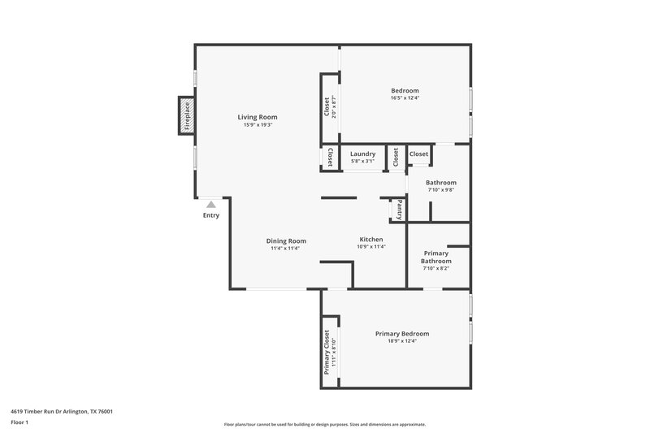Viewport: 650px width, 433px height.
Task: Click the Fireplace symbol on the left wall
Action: [187, 115]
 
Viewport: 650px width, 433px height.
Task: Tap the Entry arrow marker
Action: [211, 205]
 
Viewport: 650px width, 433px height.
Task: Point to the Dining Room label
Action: [286, 240]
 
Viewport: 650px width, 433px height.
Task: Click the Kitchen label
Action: [371, 240]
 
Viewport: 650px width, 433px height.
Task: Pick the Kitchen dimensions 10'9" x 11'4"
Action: [371, 248]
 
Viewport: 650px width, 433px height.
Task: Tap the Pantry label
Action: [399, 210]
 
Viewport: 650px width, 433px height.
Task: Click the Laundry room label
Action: [362, 154]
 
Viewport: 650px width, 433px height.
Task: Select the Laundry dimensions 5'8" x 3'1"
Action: [362, 162]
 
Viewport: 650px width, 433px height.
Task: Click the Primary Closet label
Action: [327, 350]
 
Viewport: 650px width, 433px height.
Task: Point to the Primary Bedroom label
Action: [402, 333]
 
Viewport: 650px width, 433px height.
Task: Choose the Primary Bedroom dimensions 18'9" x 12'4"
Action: [402, 341]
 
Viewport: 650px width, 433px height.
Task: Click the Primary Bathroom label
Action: [436, 257]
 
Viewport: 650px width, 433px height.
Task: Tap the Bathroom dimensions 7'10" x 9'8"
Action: [441, 191]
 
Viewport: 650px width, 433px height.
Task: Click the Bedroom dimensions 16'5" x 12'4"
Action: [405, 98]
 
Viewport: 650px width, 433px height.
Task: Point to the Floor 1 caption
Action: [20, 422]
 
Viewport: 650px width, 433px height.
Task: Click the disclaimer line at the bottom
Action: [325, 424]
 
